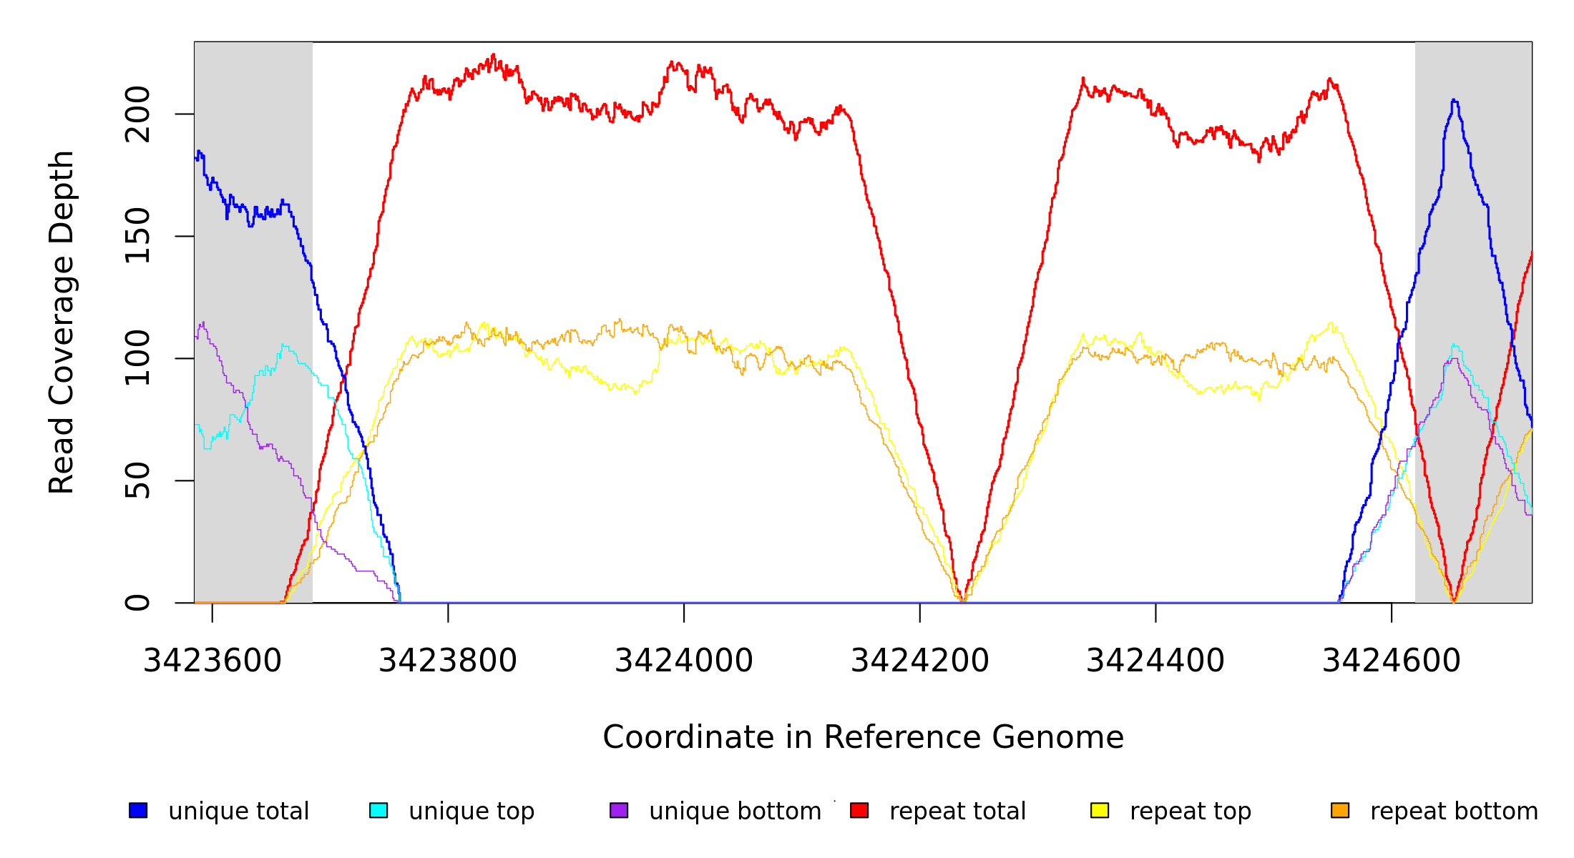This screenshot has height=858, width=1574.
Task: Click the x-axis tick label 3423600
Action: click(212, 661)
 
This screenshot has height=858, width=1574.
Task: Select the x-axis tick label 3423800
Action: click(448, 661)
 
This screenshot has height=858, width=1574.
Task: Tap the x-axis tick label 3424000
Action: click(684, 661)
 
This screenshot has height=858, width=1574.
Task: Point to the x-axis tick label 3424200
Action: click(920, 661)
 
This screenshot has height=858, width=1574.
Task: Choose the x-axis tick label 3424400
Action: click(1155, 661)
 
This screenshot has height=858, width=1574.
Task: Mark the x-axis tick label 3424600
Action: click(1392, 661)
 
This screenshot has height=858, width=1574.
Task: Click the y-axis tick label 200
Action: click(137, 114)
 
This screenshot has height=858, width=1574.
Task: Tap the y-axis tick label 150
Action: click(137, 236)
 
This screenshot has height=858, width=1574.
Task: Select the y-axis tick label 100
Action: click(137, 358)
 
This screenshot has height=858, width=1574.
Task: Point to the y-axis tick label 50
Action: click(137, 480)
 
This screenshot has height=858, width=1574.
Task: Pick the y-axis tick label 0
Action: click(137, 603)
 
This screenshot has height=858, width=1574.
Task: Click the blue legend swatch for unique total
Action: click(138, 810)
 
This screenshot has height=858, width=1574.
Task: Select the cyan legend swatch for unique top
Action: click(378, 810)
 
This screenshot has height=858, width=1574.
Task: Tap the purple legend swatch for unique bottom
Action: click(619, 810)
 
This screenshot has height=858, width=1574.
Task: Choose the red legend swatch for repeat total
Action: click(859, 810)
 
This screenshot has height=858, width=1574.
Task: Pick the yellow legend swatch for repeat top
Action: click(1100, 810)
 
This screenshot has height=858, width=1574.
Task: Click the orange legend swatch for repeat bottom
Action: click(1340, 810)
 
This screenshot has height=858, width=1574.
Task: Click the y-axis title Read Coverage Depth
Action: click(62, 322)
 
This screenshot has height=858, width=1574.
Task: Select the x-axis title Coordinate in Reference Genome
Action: click(863, 737)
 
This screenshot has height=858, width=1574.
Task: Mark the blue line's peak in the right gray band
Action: click(1454, 101)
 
